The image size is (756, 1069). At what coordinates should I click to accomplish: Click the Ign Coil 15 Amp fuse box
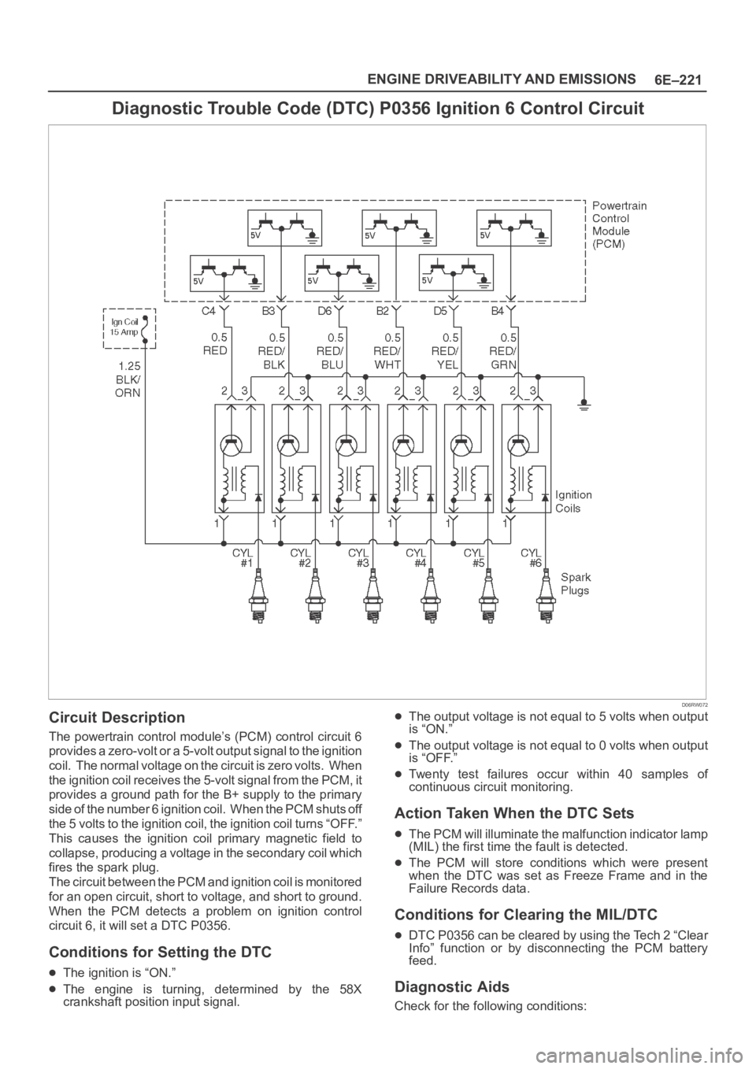(x=130, y=328)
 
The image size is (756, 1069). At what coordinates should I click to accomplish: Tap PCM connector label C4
(x=209, y=312)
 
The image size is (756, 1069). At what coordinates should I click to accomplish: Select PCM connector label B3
(x=269, y=312)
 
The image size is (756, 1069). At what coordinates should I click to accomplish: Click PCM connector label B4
(x=498, y=312)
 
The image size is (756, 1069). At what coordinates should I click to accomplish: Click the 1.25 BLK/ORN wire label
(x=128, y=379)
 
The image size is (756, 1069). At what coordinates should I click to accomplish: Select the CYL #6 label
(x=532, y=557)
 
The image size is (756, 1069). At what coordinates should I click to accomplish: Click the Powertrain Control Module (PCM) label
(x=620, y=225)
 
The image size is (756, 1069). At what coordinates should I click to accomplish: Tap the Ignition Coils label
(x=573, y=501)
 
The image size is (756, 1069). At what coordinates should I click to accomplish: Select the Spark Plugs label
(x=576, y=583)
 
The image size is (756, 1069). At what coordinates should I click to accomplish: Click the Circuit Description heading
(x=117, y=717)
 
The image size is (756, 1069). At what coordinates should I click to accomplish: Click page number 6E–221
(x=677, y=80)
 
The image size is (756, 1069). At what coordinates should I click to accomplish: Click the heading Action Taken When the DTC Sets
(x=514, y=812)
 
